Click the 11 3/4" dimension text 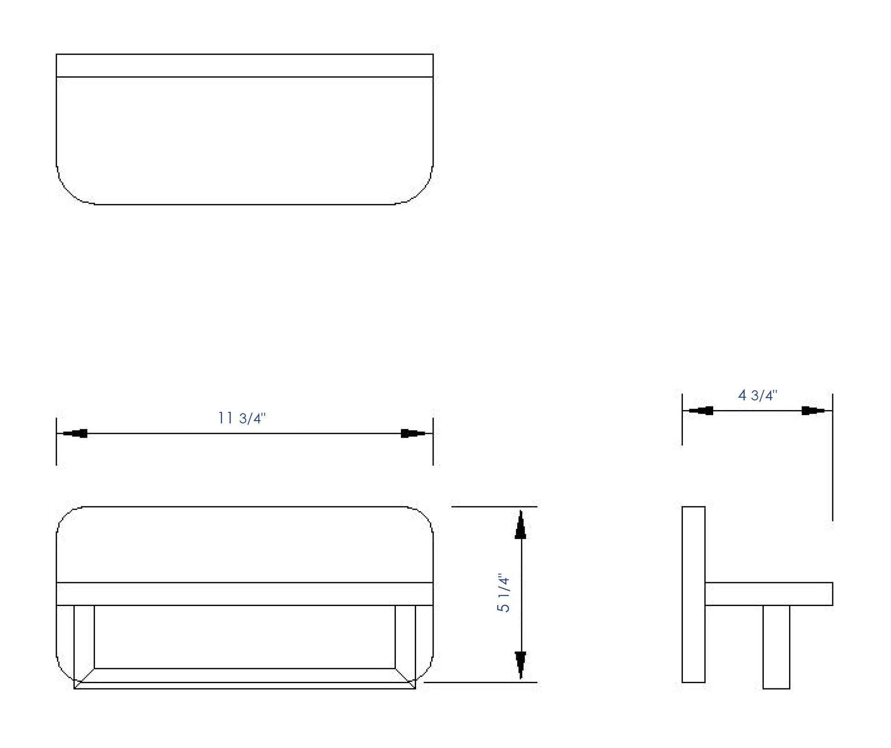tap(242, 418)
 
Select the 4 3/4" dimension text tap(757, 395)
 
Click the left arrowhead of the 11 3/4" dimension tap(75, 433)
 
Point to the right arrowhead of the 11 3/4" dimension tap(413, 433)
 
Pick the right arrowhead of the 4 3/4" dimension tap(814, 410)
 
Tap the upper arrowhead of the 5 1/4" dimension tap(520, 524)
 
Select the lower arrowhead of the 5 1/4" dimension tap(520, 665)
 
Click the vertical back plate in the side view tap(694, 594)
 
